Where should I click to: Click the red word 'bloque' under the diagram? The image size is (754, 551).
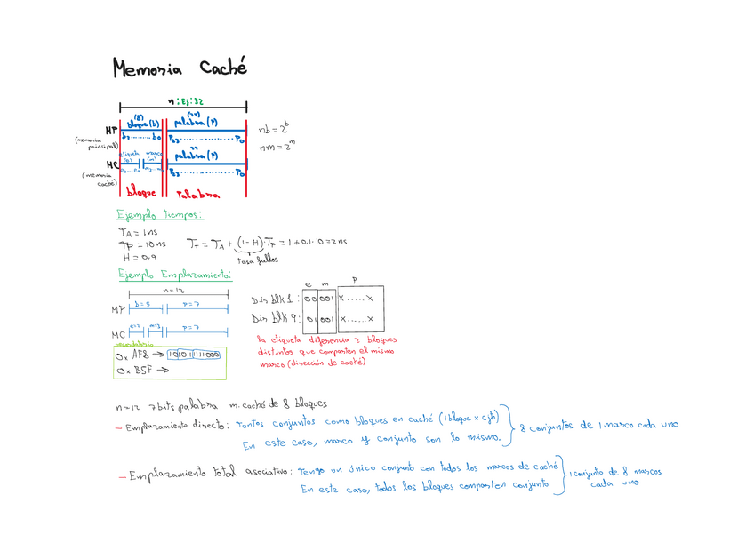(x=141, y=192)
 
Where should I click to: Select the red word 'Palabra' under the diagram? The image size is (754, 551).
(x=197, y=193)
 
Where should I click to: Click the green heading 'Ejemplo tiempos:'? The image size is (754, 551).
(x=160, y=214)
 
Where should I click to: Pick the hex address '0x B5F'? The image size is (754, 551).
(x=132, y=371)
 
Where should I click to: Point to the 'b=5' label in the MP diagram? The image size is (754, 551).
(x=142, y=304)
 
